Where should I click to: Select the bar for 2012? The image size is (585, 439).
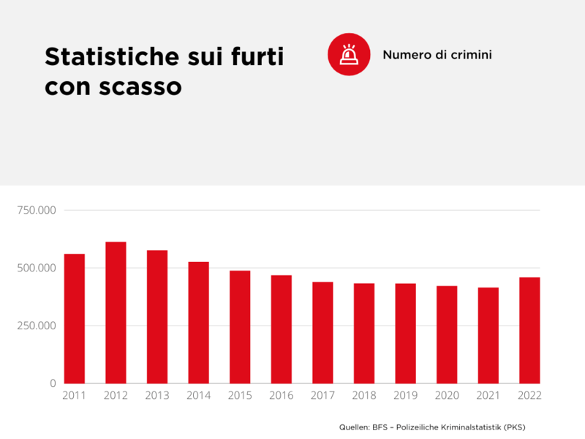point(116,312)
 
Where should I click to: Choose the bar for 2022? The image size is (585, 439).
point(529,330)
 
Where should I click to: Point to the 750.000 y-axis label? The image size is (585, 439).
point(36,211)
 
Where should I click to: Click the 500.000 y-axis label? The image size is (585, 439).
point(36,269)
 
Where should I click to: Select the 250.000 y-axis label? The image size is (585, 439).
point(36,326)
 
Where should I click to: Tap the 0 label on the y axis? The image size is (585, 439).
point(52,383)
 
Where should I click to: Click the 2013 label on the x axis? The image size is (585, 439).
point(157,396)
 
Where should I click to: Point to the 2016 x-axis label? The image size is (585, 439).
point(282,396)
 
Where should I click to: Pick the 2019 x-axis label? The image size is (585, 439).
point(405,396)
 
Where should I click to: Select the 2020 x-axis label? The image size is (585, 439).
point(447,396)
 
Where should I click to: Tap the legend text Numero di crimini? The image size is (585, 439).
point(437,55)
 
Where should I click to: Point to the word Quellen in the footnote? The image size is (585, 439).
point(355,427)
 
